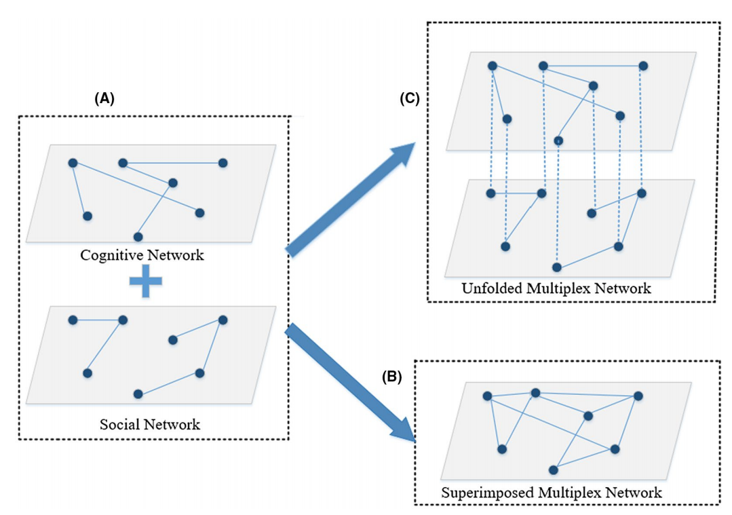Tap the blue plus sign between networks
pyautogui.click(x=146, y=282)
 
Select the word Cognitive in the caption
pyautogui.click(x=110, y=256)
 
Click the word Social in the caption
pyautogui.click(x=120, y=425)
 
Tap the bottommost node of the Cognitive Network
pyautogui.click(x=138, y=237)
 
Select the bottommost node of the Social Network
pyautogui.click(x=138, y=394)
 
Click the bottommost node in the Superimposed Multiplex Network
pyautogui.click(x=554, y=470)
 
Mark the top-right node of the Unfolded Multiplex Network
pyautogui.click(x=643, y=66)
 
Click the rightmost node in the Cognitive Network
pyautogui.click(x=223, y=163)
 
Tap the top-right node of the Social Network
pyautogui.click(x=223, y=320)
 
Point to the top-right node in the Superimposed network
pyautogui.click(x=638, y=396)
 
